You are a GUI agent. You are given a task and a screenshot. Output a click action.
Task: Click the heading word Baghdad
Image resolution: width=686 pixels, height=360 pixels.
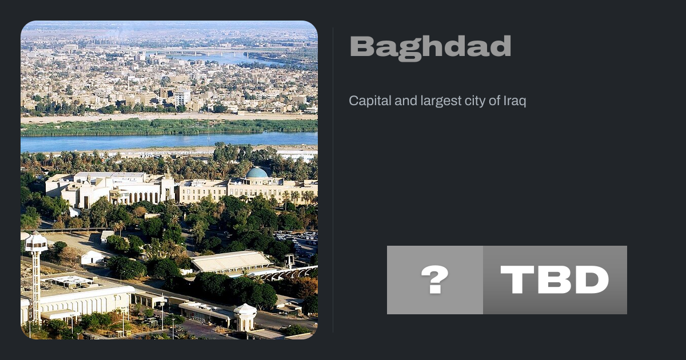coord(430,48)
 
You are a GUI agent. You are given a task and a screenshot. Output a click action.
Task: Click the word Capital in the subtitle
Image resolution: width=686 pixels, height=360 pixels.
coord(370,101)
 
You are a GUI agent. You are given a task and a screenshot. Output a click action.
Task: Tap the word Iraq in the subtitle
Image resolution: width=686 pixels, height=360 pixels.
coord(515,101)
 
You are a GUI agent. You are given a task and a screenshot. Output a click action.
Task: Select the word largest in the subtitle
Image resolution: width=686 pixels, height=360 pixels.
coord(441,101)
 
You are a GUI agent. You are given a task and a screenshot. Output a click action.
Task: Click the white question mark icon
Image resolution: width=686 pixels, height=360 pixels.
coord(435,279)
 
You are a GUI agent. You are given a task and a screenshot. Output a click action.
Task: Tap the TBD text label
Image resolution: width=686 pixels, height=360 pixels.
coord(555,280)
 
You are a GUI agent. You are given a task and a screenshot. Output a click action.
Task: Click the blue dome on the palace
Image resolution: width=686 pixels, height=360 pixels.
coord(257,173)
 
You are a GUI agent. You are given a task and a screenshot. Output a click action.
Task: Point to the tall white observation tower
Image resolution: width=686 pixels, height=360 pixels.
coord(36,275)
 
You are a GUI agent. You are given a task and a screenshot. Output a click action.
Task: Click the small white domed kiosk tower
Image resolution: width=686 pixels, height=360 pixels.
coord(245,317)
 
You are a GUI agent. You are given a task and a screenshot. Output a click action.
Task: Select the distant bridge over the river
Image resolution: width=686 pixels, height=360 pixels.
coord(202,53)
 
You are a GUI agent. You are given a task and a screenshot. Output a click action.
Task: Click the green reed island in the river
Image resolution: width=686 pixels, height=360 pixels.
coord(169,127)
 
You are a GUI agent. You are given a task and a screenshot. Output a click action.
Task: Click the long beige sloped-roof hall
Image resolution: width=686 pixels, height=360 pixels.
coord(230,261)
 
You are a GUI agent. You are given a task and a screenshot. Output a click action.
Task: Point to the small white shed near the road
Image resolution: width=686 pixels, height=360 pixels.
coord(91,257)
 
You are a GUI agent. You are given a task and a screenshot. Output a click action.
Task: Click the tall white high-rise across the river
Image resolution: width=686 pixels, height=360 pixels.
coord(182,97)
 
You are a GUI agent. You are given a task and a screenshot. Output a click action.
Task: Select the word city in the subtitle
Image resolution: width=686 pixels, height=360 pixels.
coord(474,101)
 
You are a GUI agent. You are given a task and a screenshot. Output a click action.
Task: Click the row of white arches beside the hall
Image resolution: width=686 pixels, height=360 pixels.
coord(288,273)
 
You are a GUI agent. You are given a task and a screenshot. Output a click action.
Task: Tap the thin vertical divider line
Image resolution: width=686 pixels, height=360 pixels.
coord(333,180)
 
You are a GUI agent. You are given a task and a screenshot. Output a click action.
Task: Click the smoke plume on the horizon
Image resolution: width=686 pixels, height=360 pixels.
coord(117,34)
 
